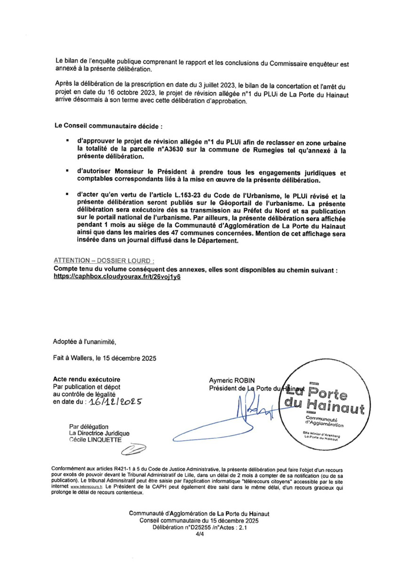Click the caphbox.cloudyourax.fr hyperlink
[x=118, y=278]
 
